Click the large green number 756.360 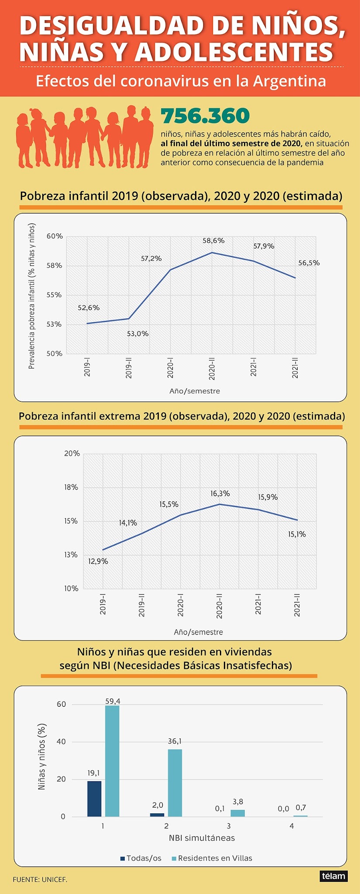click(x=205, y=116)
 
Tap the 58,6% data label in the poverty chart click(x=213, y=241)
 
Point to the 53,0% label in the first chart click(x=138, y=334)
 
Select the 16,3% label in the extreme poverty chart click(x=220, y=494)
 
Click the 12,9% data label click(x=98, y=561)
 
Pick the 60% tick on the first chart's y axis click(x=55, y=237)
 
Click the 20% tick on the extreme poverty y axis click(x=72, y=454)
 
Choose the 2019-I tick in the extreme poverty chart click(x=103, y=604)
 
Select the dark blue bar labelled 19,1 click(x=94, y=798)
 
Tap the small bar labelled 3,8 click(x=238, y=813)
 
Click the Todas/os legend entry click(x=141, y=858)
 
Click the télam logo click(x=333, y=876)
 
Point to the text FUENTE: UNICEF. click(x=40, y=879)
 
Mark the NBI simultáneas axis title click(x=202, y=838)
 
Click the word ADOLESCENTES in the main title click(x=234, y=52)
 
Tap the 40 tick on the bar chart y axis click(x=62, y=742)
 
